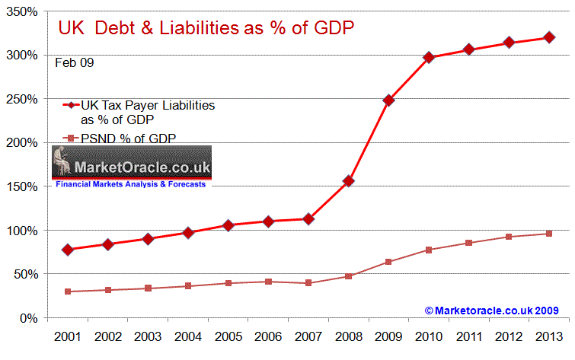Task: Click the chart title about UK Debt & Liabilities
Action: tap(207, 28)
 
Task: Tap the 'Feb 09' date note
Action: tap(75, 62)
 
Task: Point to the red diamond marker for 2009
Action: tap(389, 100)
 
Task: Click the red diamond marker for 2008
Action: tap(349, 180)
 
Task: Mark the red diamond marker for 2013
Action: tap(548, 37)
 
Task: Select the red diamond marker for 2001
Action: tap(68, 250)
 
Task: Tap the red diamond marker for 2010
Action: tap(429, 57)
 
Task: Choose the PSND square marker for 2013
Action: tap(548, 234)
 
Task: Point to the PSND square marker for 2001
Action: tap(68, 292)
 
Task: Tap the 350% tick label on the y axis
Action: tap(24, 11)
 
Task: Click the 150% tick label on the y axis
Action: tap(24, 186)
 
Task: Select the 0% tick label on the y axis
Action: tap(30, 317)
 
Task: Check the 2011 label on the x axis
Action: tap(468, 336)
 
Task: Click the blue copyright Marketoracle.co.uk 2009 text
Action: tap(492, 311)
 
